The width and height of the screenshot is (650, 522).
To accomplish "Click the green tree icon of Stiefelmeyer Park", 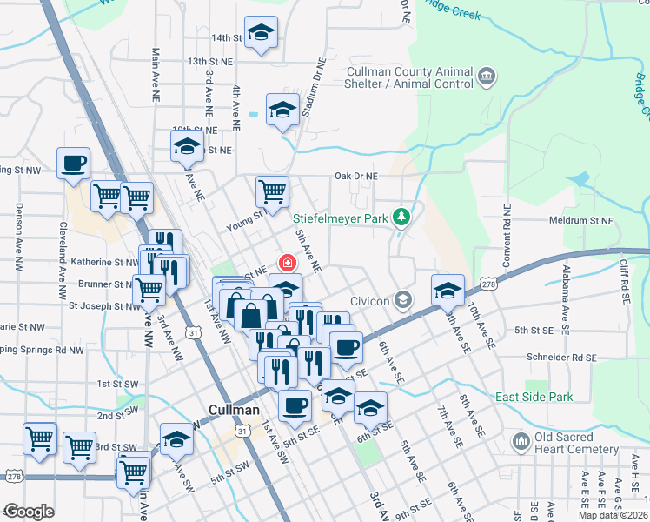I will coord(401,216).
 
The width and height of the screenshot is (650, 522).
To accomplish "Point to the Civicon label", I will coord(372,301).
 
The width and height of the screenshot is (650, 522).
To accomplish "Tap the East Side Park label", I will coord(534,397).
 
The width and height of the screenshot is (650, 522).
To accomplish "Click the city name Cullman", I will coord(235,410).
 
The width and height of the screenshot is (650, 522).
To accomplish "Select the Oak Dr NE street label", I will coord(356,176).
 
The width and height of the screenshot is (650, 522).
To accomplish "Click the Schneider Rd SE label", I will coord(560,358).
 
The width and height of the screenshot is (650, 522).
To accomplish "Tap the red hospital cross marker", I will coord(285,262).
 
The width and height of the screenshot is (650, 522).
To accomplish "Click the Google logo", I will coord(28,512).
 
